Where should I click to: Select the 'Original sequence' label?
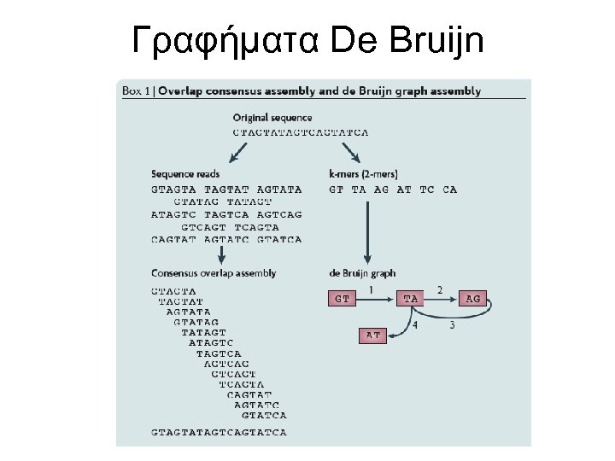pos(272,118)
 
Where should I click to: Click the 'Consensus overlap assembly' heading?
pos(214,273)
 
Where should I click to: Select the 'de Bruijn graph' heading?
pos(362,273)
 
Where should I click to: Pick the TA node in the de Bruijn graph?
pos(410,299)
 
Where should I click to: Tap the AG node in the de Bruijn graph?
pos(473,299)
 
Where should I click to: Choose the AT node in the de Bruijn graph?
pos(372,336)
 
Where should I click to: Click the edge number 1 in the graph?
pos(371,290)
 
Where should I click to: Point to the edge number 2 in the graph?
pos(439,290)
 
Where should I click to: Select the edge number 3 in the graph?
pos(451,325)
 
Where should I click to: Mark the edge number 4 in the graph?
pos(415,325)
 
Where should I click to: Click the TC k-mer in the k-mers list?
pos(427,190)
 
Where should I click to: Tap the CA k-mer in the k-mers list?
pos(449,190)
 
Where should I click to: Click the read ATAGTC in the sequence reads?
pos(173,214)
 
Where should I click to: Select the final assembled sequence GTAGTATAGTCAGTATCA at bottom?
pos(219,432)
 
